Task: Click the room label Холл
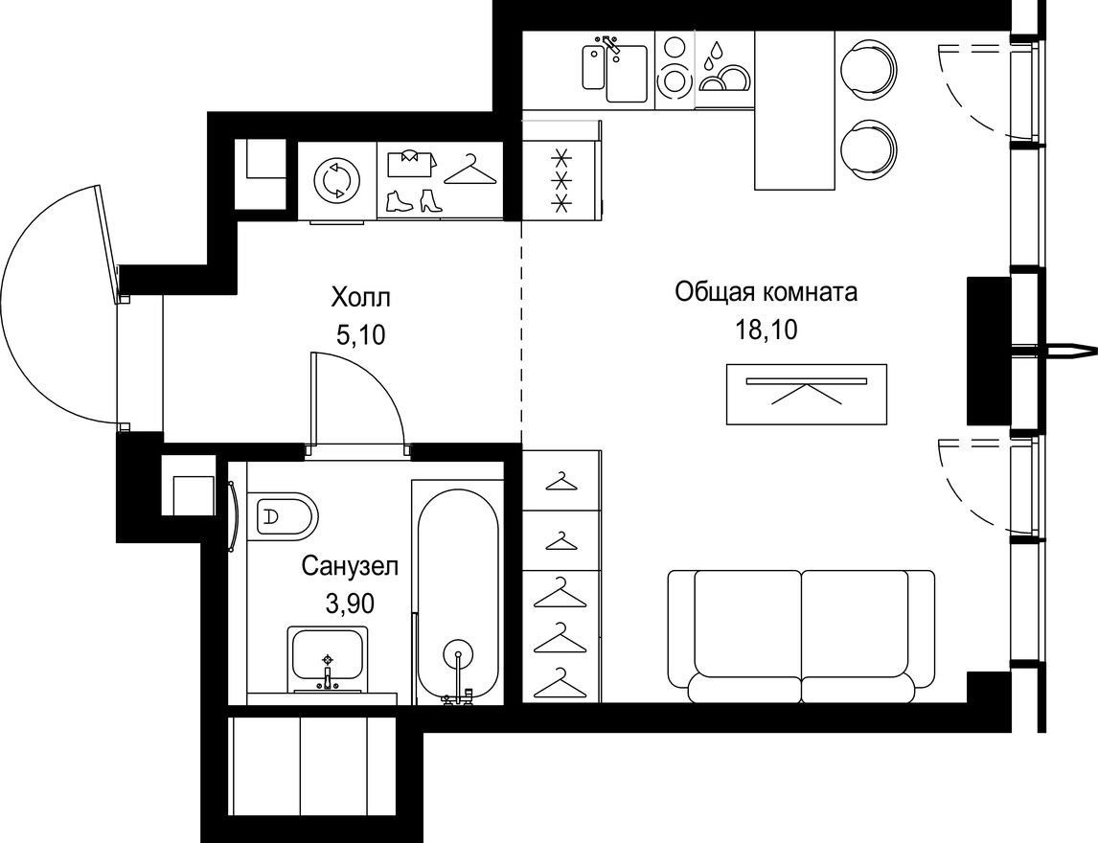(361, 297)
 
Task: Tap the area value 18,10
(766, 330)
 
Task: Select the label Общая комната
(766, 291)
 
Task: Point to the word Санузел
(349, 566)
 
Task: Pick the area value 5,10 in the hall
(361, 334)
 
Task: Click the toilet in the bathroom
(285, 517)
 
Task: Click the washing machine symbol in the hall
(337, 180)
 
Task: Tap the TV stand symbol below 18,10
(806, 393)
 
